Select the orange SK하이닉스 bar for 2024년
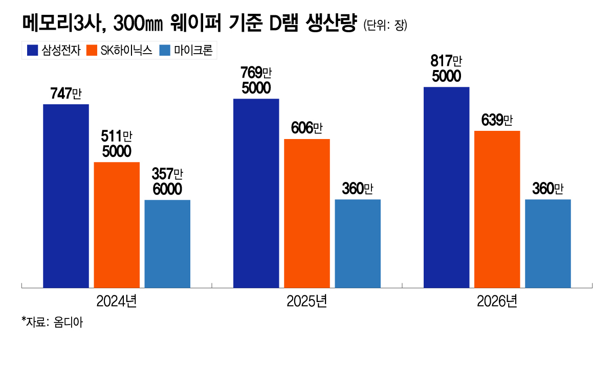[117, 225]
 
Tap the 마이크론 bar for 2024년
[167, 244]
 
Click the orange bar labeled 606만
[307, 213]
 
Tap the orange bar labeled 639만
[497, 209]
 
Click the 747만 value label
[66, 94]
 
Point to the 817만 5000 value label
[447, 69]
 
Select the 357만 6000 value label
[167, 181]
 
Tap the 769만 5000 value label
[256, 80]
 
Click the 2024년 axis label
[117, 302]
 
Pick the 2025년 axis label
[307, 302]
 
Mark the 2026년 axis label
[497, 302]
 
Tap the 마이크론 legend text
[192, 50]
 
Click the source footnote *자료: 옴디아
[52, 323]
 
